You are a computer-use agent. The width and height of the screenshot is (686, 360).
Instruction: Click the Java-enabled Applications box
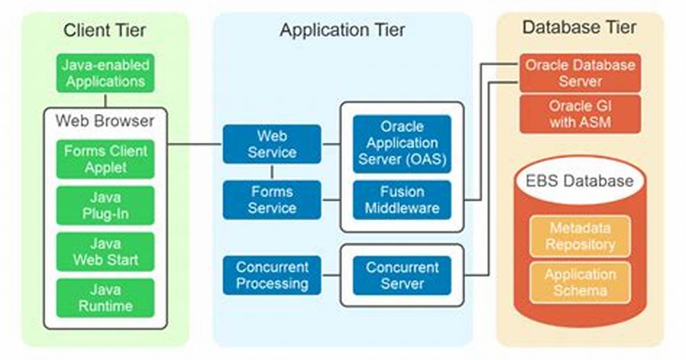[106, 73]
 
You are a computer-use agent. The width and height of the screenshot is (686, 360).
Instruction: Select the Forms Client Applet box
[106, 159]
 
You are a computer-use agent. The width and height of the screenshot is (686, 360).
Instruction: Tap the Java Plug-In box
[106, 206]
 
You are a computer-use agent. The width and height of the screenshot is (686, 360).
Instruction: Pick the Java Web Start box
[106, 252]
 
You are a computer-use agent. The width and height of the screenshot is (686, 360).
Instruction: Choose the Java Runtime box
[106, 298]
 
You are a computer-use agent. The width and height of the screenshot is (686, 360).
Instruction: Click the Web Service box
[272, 144]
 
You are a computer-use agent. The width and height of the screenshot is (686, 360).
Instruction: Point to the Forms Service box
[272, 200]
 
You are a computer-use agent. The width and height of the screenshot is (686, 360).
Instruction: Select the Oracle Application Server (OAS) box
[402, 144]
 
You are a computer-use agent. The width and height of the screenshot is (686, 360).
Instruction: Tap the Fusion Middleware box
[402, 200]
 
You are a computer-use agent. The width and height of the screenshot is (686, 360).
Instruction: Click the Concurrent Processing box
[272, 275]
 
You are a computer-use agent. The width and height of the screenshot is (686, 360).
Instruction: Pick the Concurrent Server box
[402, 275]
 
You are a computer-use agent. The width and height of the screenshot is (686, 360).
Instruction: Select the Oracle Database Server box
[580, 73]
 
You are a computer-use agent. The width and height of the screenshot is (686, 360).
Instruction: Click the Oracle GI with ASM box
[580, 114]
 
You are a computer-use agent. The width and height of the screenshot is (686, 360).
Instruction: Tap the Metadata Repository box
[580, 236]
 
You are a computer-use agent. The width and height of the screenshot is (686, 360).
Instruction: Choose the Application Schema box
[580, 283]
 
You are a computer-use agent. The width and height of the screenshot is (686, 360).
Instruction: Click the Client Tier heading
[104, 30]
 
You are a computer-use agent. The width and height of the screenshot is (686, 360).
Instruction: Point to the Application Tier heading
[342, 30]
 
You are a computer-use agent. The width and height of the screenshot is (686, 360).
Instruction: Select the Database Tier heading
[580, 27]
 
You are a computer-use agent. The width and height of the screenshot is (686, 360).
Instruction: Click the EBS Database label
[580, 181]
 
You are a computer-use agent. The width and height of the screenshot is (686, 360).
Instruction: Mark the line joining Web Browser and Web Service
[195, 144]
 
